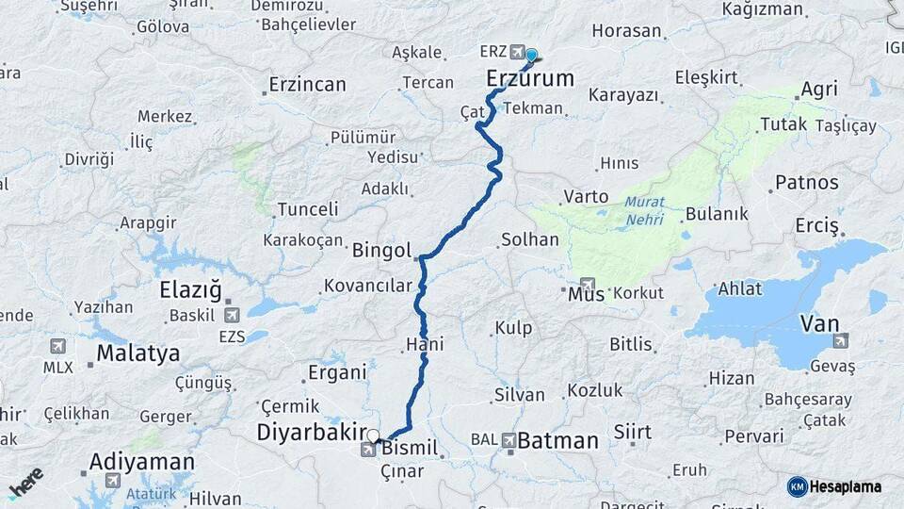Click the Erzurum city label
coord(530,79)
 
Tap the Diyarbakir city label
coord(312,432)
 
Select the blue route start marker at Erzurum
coord(531,56)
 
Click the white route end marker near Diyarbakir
coord(374,436)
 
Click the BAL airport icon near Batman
coord(508,439)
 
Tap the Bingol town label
coord(381,251)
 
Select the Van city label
coord(818,323)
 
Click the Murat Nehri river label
coord(643,210)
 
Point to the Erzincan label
coord(307,85)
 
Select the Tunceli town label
coord(307,209)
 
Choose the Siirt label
coord(632,432)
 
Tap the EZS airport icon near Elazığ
coord(232,315)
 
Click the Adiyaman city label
coord(142,462)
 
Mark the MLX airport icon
coord(57,346)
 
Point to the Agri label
coord(819,90)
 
